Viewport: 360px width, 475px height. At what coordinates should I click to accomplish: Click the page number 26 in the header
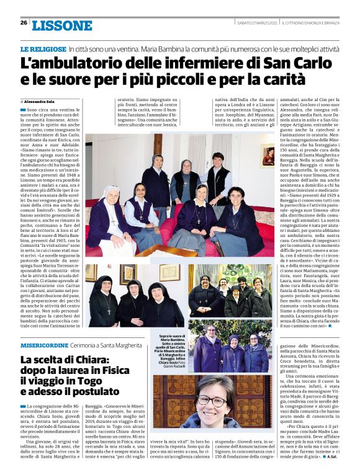(x=24, y=23)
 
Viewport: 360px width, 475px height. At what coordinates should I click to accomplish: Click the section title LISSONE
(x=61, y=25)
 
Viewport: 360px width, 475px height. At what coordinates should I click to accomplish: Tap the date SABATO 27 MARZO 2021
(x=257, y=23)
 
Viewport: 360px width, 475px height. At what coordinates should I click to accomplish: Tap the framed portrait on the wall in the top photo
(x=268, y=156)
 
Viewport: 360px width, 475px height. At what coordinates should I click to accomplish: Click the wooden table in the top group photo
(x=166, y=250)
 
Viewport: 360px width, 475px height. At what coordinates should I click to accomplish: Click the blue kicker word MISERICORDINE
(x=43, y=345)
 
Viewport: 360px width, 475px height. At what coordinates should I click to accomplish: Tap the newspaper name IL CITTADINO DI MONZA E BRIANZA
(x=314, y=23)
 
